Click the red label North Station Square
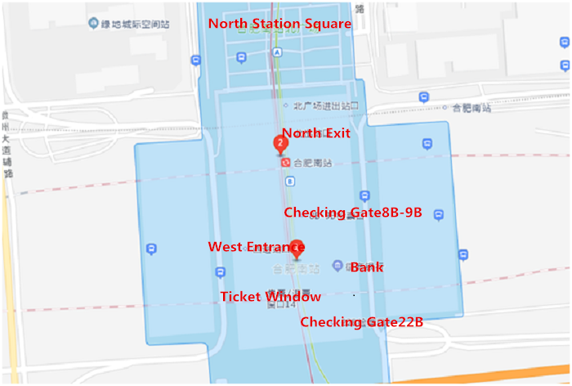click(279, 24)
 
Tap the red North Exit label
click(315, 132)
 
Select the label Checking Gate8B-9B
click(352, 213)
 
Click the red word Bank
click(367, 267)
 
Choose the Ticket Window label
click(270, 297)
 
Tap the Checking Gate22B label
click(361, 322)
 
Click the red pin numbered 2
click(280, 144)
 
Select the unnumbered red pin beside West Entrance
click(297, 248)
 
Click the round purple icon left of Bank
click(337, 265)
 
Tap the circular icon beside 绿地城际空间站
click(96, 22)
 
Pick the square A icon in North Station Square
click(278, 52)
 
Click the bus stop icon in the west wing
click(151, 249)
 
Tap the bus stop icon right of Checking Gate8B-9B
click(439, 215)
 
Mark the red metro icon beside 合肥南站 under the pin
click(284, 162)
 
